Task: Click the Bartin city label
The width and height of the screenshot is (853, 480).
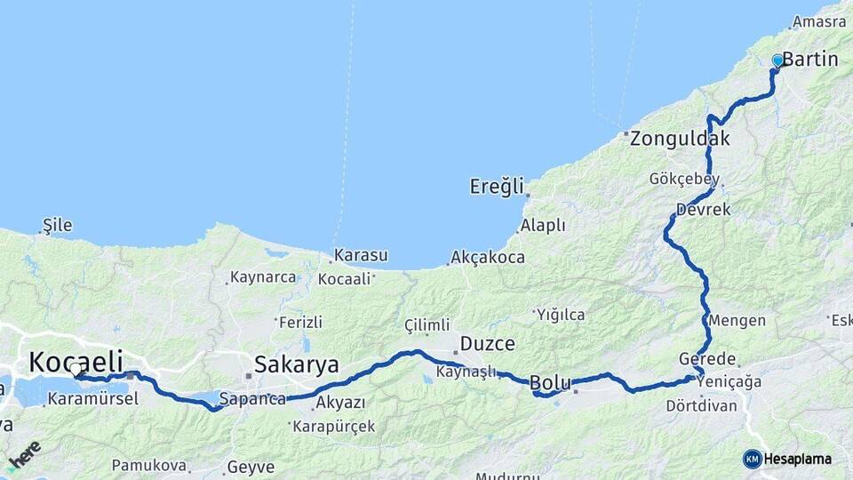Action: (x=810, y=60)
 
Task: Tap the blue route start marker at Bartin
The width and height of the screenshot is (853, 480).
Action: (x=777, y=60)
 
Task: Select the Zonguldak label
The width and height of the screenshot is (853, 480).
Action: (x=680, y=139)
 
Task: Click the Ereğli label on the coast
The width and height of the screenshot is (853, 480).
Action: (x=498, y=187)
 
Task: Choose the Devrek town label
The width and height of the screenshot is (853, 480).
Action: (x=703, y=210)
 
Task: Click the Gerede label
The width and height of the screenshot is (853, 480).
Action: (x=707, y=359)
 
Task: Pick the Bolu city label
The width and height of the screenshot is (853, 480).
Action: (x=549, y=383)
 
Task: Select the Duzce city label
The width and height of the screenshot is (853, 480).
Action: (x=487, y=343)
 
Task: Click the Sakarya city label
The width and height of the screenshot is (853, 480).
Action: (x=297, y=364)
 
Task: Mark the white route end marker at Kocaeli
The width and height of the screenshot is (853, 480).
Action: (x=76, y=369)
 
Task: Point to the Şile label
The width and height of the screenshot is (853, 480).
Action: (x=58, y=226)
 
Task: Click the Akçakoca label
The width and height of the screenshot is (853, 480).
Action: (x=487, y=258)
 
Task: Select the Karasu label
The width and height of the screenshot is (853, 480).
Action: (x=360, y=256)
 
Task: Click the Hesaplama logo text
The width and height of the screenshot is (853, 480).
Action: (x=798, y=460)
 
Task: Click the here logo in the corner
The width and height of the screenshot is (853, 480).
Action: (x=24, y=454)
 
